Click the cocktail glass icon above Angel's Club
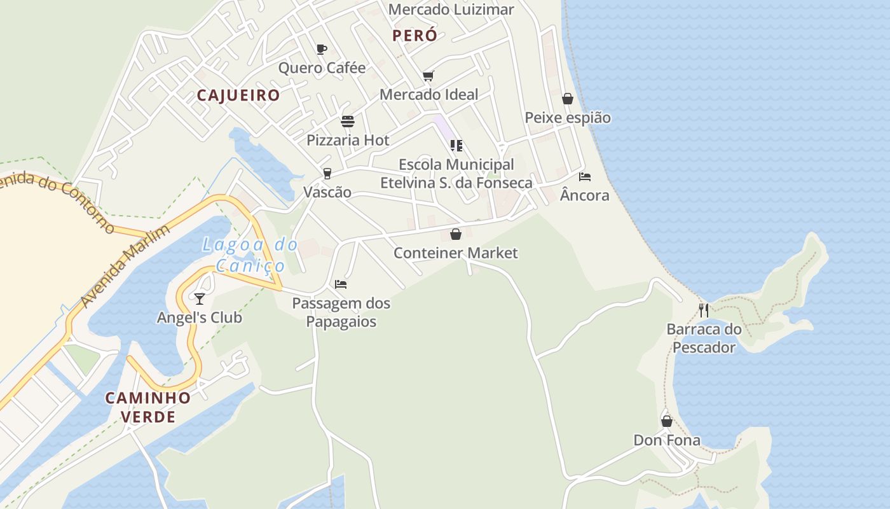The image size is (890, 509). (200, 298)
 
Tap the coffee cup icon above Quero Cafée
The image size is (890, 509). (322, 49)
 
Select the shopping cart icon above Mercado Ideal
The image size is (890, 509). (428, 76)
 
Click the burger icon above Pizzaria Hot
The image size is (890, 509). (348, 122)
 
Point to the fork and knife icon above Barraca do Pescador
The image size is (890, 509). (704, 310)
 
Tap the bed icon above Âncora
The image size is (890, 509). (585, 177)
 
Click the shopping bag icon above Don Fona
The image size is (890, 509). (667, 421)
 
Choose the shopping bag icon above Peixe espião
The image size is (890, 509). (568, 99)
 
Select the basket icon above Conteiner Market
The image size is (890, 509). (456, 234)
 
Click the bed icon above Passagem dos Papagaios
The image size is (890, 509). (341, 284)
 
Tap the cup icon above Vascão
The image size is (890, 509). (327, 174)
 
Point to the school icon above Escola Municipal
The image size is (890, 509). (456, 146)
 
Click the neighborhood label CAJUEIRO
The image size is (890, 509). (238, 95)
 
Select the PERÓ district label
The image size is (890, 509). (415, 36)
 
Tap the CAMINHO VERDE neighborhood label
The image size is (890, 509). (148, 407)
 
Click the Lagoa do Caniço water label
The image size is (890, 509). (250, 254)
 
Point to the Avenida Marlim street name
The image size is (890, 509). (127, 266)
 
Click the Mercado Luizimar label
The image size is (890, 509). (451, 10)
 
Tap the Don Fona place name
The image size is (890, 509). (667, 440)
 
